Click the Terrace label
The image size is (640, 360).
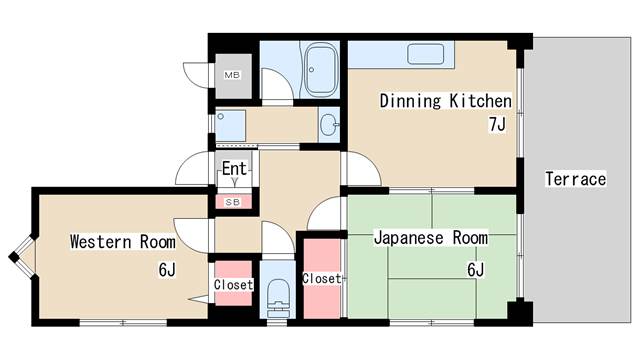pyautogui.click(x=576, y=179)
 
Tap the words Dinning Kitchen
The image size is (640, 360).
pyautogui.click(x=445, y=101)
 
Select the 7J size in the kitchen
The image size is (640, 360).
pyautogui.click(x=497, y=124)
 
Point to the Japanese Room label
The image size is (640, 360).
pyautogui.click(x=431, y=238)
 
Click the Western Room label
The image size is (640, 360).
pyautogui.click(x=122, y=241)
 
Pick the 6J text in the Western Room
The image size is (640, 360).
pyautogui.click(x=167, y=269)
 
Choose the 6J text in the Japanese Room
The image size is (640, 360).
pyautogui.click(x=476, y=269)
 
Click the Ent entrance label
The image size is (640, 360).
pyautogui.click(x=234, y=168)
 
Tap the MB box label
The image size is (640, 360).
pyautogui.click(x=232, y=75)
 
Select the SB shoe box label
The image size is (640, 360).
pyautogui.click(x=233, y=202)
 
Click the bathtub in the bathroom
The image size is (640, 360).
pyautogui.click(x=322, y=69)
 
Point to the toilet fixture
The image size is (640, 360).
pyautogui.click(x=278, y=298)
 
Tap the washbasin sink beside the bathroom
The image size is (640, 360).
pyautogui.click(x=329, y=124)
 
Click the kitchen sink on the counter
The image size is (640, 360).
pyautogui.click(x=425, y=54)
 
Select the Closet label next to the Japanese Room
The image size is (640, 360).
pyautogui.click(x=322, y=278)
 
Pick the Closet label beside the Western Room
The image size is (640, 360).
pyautogui.click(x=233, y=284)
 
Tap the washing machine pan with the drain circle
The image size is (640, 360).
pyautogui.click(x=230, y=125)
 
